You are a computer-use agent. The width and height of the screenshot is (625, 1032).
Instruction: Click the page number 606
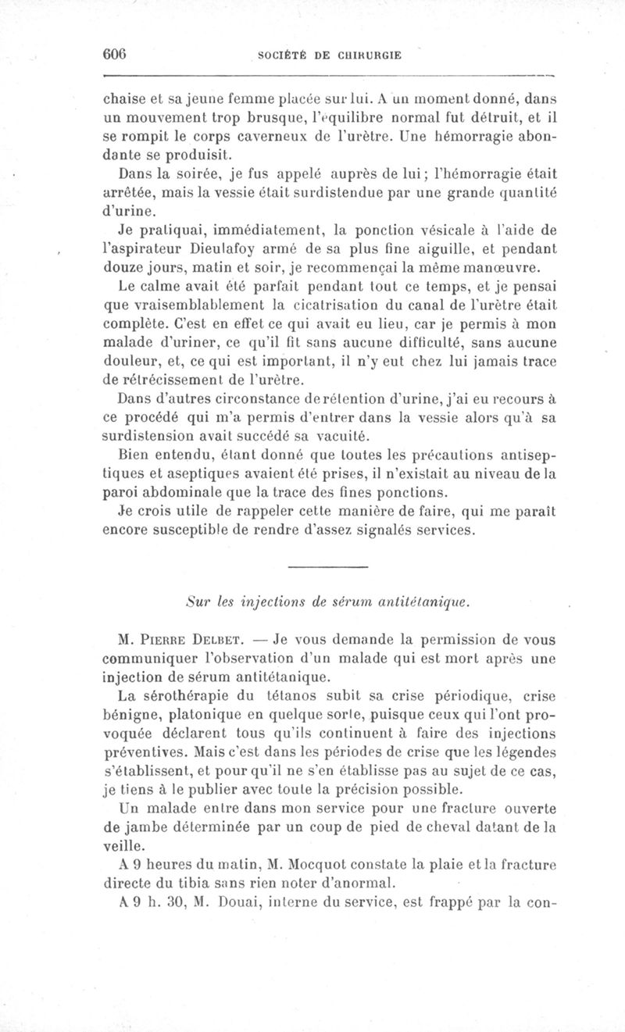click(115, 54)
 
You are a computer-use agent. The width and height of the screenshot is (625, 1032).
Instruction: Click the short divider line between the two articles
click(327, 565)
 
